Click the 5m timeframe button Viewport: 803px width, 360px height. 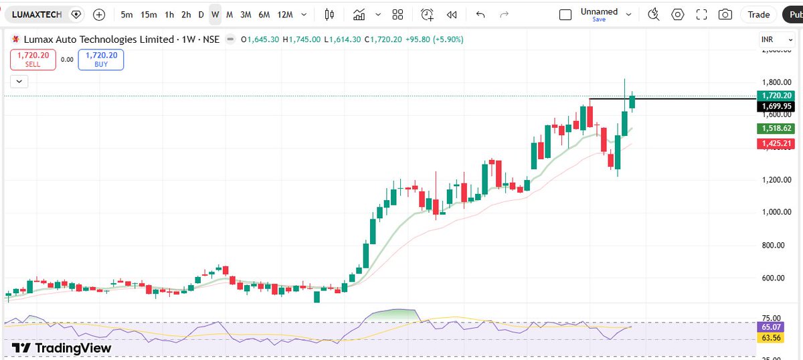126,15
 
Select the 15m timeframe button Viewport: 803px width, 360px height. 149,15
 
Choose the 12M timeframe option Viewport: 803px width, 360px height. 284,15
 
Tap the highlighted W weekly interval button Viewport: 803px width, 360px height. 215,15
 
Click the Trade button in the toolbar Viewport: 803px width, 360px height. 758,15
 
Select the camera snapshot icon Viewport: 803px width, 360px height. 725,15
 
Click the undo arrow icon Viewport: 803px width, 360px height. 480,15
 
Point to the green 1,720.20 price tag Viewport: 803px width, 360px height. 776,96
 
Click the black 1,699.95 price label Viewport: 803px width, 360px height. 776,106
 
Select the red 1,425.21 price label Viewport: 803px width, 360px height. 776,144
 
